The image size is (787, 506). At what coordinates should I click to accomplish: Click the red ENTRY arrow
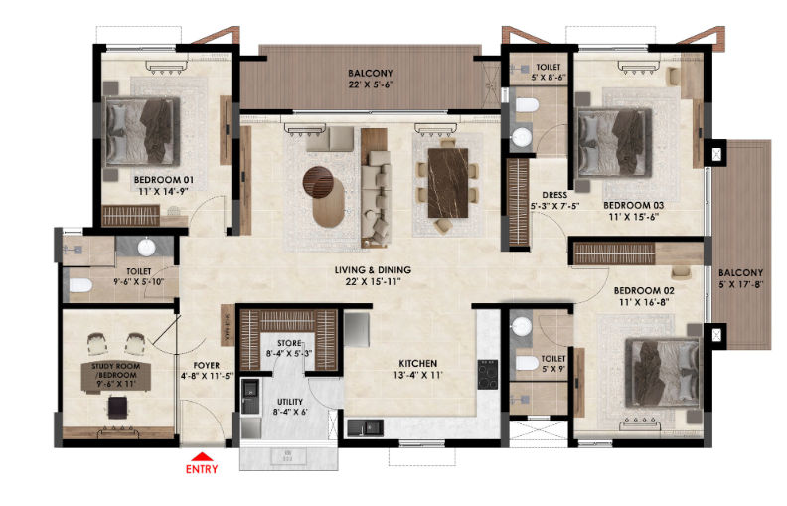[200, 457]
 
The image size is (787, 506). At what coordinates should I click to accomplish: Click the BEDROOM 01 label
[164, 180]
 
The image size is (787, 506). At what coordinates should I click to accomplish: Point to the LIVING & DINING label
[373, 270]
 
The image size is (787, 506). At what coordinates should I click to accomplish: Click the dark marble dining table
[447, 181]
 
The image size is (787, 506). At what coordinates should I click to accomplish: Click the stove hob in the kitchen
[487, 373]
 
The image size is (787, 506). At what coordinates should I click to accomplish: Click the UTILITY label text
[291, 400]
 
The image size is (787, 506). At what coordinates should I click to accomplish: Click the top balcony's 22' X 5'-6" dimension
[370, 84]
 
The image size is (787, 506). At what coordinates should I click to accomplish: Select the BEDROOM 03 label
[633, 206]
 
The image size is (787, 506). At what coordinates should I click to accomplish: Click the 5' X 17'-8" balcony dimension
[741, 284]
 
